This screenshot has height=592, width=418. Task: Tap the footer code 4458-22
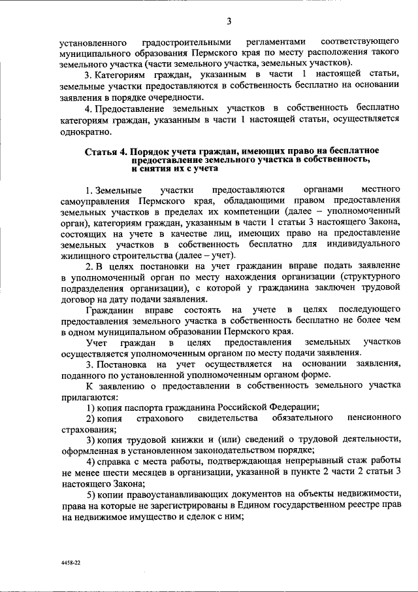(69, 561)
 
